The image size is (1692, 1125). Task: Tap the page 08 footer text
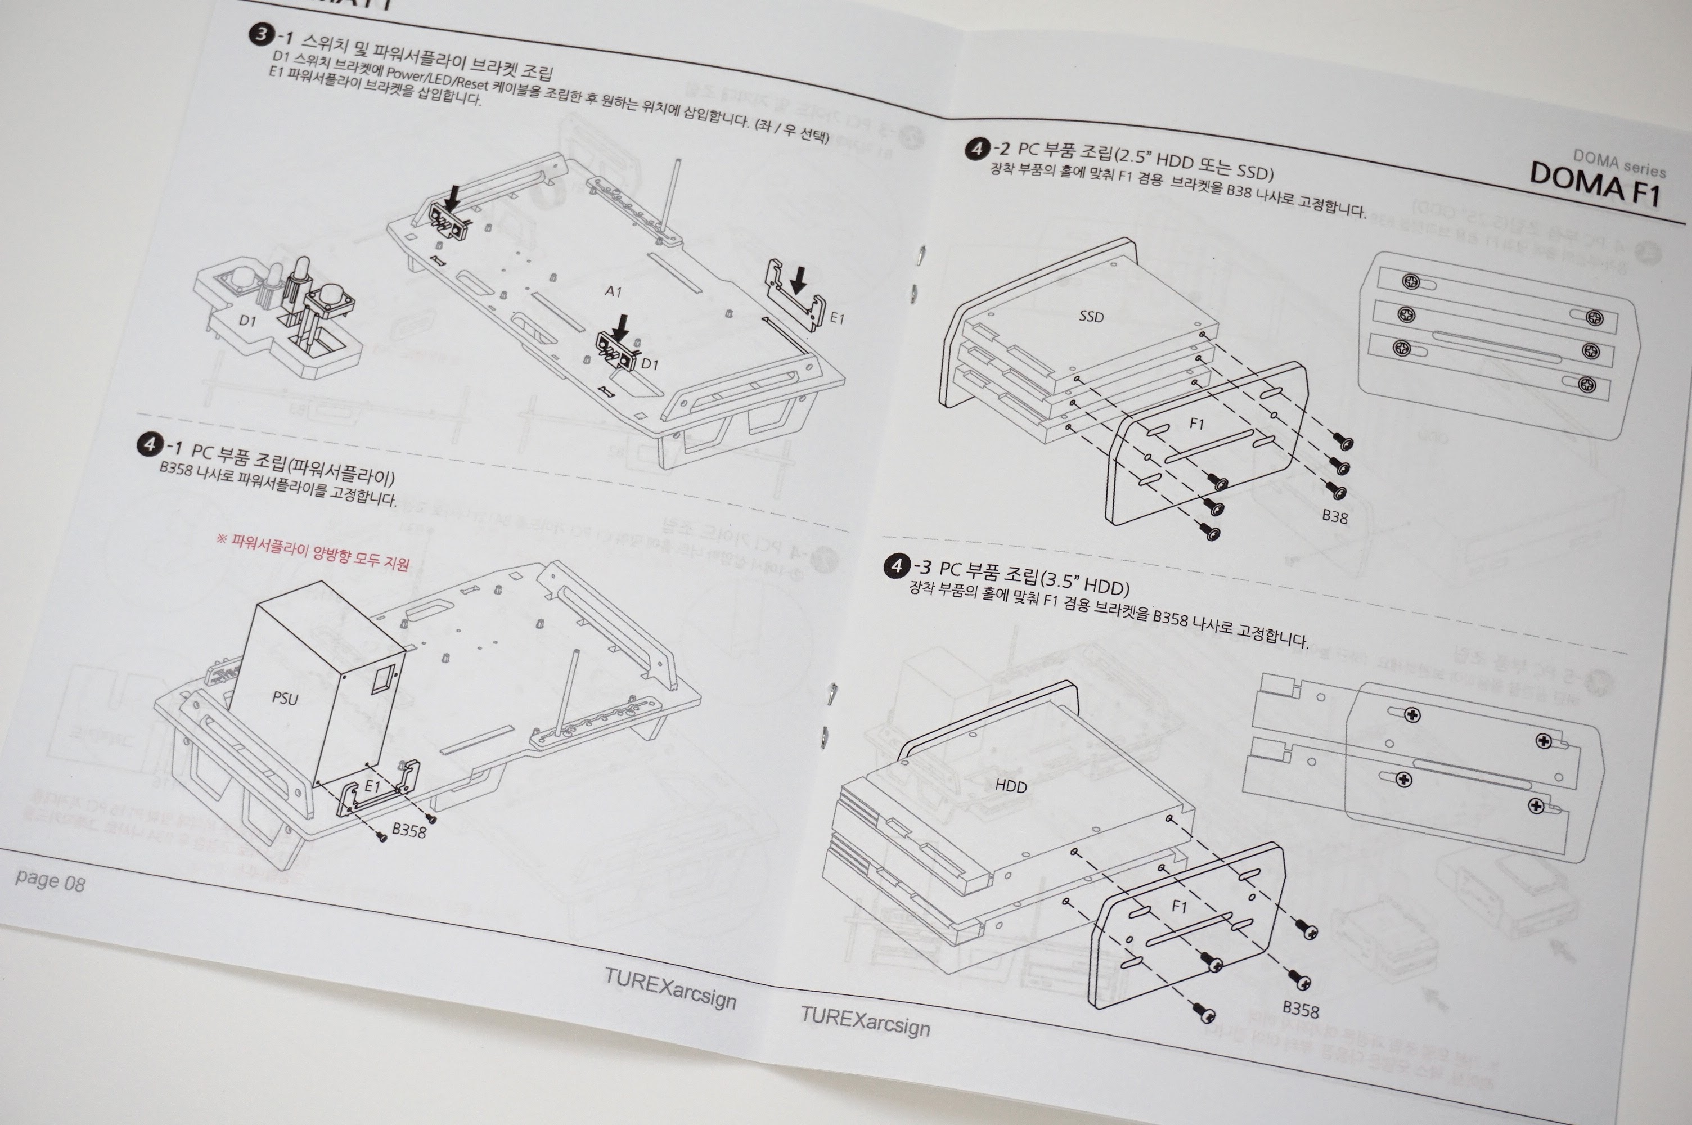click(x=49, y=880)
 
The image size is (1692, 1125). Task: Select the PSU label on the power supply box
click(x=285, y=698)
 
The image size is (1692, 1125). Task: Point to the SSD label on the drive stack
click(x=1091, y=316)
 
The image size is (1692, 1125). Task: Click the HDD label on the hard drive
click(x=1011, y=786)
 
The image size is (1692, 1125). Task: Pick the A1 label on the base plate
click(x=613, y=291)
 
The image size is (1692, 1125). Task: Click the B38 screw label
click(x=1335, y=516)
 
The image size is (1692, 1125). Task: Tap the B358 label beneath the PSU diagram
click(x=409, y=831)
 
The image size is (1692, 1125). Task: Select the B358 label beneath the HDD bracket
click(x=1300, y=1010)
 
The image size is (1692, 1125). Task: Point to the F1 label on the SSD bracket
click(x=1196, y=424)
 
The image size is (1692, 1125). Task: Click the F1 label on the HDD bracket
click(x=1179, y=907)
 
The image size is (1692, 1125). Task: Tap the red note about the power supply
click(x=313, y=551)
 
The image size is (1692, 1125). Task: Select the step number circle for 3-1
click(x=261, y=34)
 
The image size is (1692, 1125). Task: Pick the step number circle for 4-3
click(x=896, y=565)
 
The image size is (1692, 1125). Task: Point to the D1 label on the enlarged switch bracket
click(x=247, y=321)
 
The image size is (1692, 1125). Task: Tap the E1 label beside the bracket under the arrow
click(x=837, y=318)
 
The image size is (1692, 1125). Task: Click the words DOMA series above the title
click(x=1619, y=164)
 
